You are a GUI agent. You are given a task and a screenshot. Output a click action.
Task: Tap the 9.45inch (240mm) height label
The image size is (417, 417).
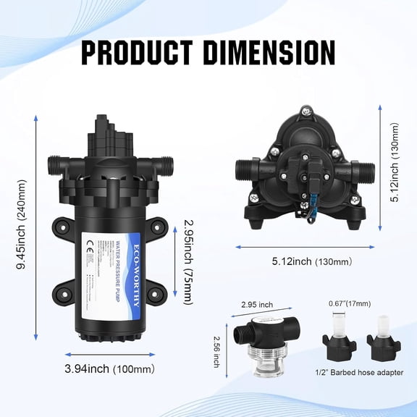[22, 224]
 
